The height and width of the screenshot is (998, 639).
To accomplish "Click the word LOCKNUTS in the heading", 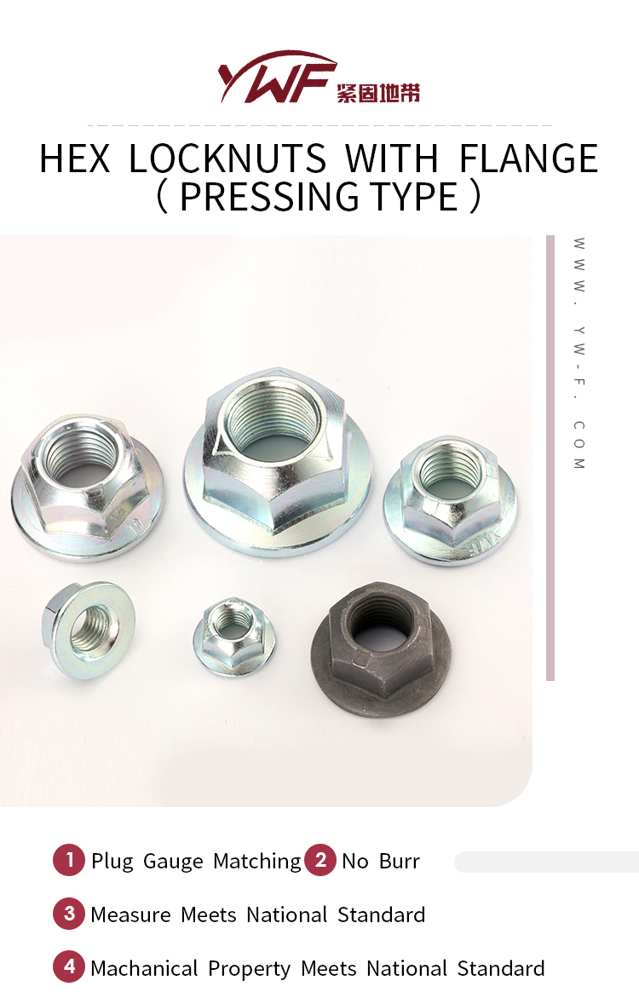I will coord(227,159).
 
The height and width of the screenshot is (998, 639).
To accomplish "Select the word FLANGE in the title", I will coord(528,159).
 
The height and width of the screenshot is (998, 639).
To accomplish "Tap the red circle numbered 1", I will coord(69,860).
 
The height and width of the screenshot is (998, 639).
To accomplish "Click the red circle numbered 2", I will coord(320,860).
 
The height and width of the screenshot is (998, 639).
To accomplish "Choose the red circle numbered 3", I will coord(69,914).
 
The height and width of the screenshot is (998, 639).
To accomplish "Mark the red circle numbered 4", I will coord(69,968).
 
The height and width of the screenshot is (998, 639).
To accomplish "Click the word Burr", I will coord(400,862).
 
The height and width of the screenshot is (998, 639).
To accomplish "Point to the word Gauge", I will coord(173,862).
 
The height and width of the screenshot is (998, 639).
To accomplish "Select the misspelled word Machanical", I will coord(144,969).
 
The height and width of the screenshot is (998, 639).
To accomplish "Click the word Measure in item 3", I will coord(130,915).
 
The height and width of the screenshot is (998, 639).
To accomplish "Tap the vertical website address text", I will coord(579,353).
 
